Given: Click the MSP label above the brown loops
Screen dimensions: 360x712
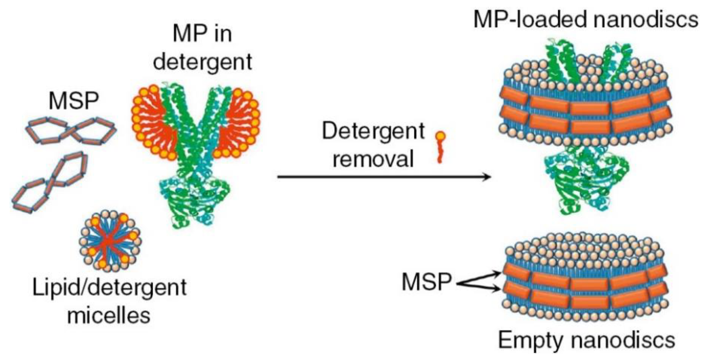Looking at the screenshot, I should (74, 102).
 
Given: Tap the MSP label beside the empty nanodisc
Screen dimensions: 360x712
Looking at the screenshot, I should (426, 282).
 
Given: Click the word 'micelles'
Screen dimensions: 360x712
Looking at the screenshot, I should (109, 316).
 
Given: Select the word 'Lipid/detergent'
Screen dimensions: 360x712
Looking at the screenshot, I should (110, 288).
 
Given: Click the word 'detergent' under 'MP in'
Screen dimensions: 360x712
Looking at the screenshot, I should (202, 62).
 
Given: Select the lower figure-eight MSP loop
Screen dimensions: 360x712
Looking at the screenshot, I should (50, 183).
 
